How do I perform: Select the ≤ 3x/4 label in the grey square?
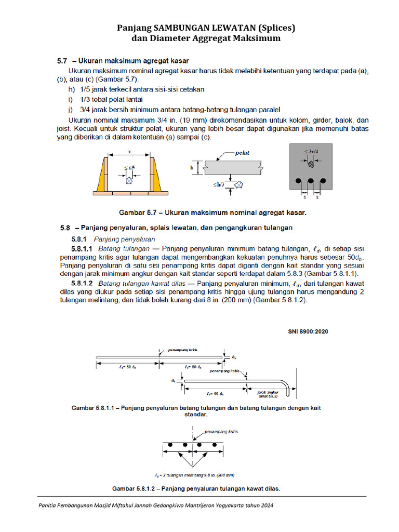(x=312, y=153)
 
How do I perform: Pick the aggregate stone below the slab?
(x=239, y=184)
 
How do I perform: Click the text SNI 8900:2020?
(x=309, y=330)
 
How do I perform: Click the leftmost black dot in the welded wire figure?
(x=169, y=445)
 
